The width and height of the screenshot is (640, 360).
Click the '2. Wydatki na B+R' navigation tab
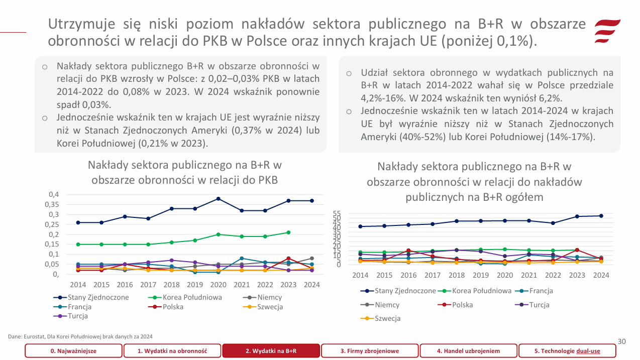click(271, 351)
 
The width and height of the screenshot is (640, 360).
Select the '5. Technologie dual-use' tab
click(567, 351)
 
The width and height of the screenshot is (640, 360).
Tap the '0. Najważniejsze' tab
click(73, 351)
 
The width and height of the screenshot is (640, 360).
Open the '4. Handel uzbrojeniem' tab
click(468, 351)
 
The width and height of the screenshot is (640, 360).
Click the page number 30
click(621, 341)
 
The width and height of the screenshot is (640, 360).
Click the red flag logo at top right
click(607, 31)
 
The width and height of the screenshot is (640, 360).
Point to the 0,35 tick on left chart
click(52, 204)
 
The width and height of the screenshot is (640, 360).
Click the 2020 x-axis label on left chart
click(218, 285)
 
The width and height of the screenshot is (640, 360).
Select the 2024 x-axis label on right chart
click(601, 275)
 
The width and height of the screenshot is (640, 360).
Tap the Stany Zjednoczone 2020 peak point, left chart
click(218, 199)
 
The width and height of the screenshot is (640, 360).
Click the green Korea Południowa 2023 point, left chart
click(288, 232)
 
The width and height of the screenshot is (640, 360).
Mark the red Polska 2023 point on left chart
click(288, 259)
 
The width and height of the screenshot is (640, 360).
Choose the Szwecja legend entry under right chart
click(387, 318)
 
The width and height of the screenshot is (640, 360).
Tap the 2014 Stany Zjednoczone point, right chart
click(360, 226)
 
